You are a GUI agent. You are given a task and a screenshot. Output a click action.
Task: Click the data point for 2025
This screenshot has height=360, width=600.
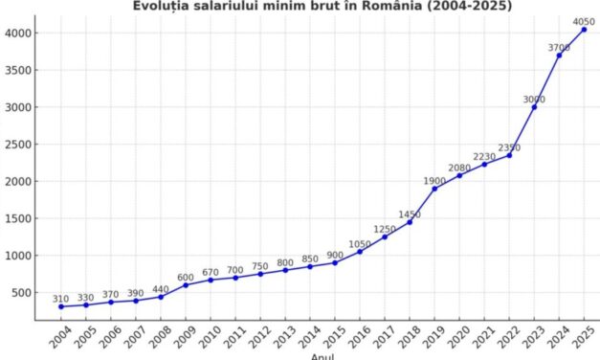[584, 29]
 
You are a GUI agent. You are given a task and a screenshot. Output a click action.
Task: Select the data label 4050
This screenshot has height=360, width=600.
[584, 21]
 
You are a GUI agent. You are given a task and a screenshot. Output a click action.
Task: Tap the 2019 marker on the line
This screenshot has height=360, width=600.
[434, 189]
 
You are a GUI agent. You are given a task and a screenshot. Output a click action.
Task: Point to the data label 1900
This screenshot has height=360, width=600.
[434, 181]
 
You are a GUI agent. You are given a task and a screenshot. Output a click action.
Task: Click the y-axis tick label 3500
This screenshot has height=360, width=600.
[21, 70]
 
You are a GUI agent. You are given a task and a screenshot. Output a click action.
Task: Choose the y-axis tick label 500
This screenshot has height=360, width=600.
[24, 293]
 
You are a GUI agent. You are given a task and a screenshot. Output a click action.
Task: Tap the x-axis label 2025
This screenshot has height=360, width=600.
[580, 339]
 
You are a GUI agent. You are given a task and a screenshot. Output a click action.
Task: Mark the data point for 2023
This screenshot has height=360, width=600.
[534, 107]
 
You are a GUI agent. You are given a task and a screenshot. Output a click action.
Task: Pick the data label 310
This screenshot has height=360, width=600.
[61, 299]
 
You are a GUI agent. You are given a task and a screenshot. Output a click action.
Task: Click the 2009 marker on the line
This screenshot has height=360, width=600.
[186, 285]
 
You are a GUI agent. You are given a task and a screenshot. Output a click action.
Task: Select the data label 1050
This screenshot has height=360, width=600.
[360, 244]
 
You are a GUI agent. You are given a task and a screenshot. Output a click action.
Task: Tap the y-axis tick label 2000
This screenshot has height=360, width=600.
[21, 181]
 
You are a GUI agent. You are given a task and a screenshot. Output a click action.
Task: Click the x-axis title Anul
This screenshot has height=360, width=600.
[322, 356]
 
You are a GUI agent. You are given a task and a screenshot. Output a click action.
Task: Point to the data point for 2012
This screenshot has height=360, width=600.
[260, 274]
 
